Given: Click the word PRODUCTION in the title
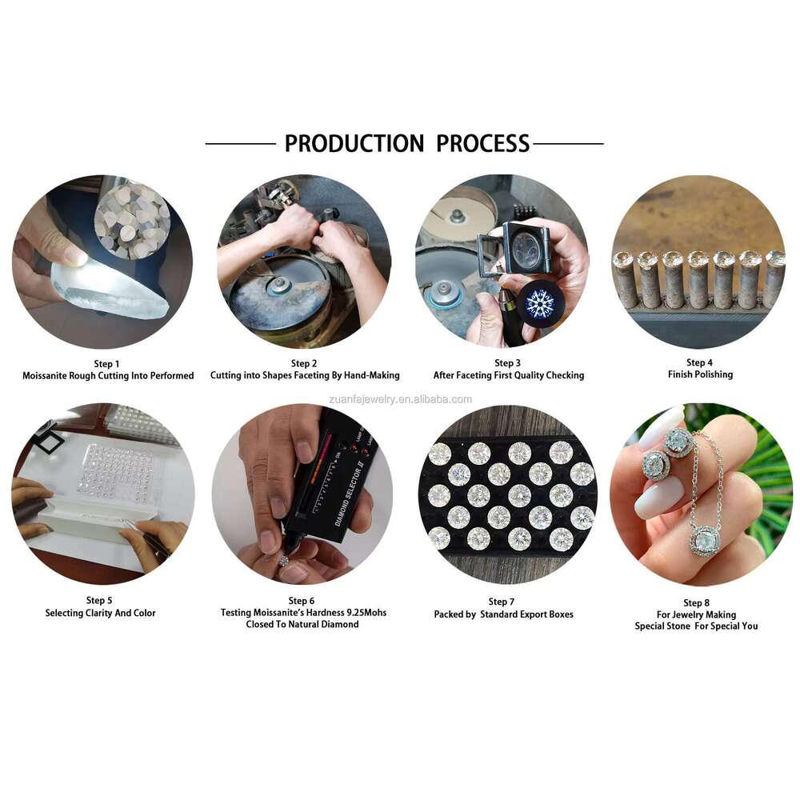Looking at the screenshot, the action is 354,144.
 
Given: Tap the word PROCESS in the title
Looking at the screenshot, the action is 482,144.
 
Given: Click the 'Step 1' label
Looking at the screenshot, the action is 106,364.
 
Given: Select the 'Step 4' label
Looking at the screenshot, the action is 699,362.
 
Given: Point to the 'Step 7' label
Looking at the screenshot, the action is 502,602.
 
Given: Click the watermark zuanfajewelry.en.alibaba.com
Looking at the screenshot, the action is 401,399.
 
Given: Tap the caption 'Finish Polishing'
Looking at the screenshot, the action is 700,374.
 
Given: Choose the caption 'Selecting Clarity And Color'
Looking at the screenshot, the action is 100,614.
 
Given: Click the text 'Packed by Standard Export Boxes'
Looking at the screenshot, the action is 503,614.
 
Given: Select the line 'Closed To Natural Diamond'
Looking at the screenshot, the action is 302,625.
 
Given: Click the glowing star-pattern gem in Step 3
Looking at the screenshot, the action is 539,303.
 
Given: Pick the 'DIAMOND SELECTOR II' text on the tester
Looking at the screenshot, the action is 349,495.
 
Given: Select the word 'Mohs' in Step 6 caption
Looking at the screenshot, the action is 375,613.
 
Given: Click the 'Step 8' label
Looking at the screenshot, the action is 696,603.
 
